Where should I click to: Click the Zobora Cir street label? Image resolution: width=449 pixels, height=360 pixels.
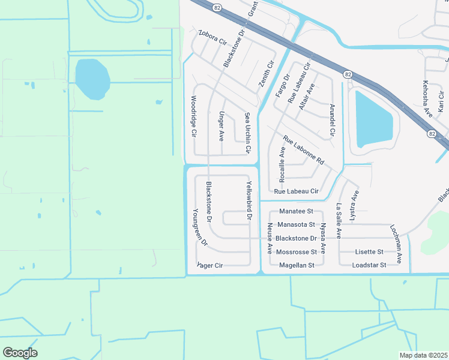[x=212, y=37]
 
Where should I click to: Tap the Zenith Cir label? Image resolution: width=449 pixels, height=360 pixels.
[x=267, y=74]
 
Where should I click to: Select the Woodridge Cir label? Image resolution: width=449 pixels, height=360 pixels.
[x=193, y=116]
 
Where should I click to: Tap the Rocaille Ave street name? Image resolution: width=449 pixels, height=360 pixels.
[x=282, y=163]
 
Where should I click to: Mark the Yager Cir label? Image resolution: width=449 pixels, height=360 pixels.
[x=209, y=265]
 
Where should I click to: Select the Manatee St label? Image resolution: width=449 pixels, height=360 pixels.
[x=297, y=212]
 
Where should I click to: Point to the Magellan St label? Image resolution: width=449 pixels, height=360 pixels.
[x=297, y=265]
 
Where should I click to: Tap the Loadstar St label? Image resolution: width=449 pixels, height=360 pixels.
[x=369, y=265]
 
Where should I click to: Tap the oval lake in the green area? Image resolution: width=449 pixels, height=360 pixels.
[x=92, y=79]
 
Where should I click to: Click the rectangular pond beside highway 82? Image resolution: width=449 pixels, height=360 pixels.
[x=375, y=119]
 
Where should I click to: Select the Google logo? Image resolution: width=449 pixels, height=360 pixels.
[x=20, y=353]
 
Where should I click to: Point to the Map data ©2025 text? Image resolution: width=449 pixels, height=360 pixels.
[x=423, y=355]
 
